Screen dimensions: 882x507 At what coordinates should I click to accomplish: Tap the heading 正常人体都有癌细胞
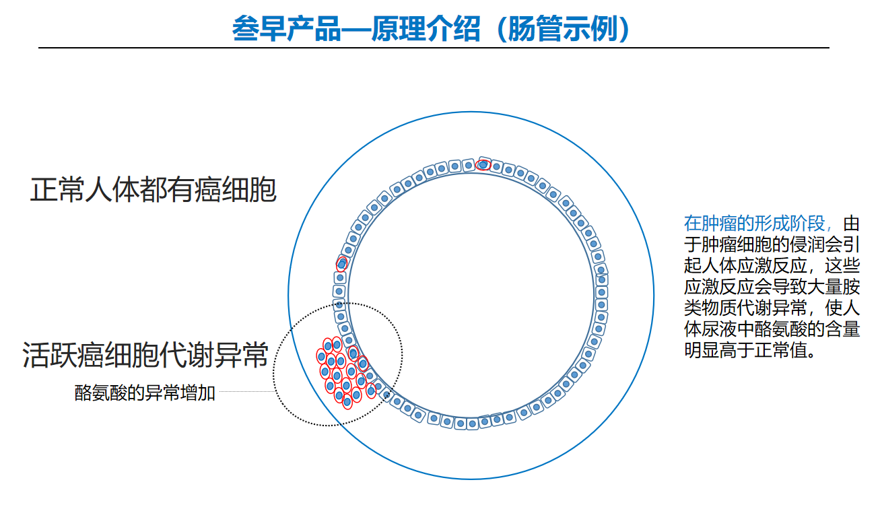coord(153,190)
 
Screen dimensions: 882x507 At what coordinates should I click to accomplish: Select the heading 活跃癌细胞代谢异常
coord(145,355)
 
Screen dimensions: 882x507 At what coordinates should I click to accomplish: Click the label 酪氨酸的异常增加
coord(145,393)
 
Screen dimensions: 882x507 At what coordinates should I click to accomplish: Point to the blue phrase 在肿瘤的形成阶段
coord(755,224)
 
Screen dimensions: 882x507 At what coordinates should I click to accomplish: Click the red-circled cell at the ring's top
coord(483,165)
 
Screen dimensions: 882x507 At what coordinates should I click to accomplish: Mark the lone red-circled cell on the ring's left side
coord(341,264)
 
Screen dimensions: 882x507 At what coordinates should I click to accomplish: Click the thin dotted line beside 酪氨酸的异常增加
coord(246,391)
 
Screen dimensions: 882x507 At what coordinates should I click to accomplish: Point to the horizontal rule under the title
coord(434,48)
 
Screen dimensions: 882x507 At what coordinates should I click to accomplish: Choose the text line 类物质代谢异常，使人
coord(772,308)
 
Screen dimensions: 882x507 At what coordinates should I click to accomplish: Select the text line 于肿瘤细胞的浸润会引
coord(772,245)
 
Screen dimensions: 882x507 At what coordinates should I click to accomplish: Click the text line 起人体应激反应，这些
coord(772,266)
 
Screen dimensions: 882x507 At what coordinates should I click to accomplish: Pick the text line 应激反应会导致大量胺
coord(772,287)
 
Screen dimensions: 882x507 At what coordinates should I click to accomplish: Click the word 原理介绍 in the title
coord(426,29)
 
